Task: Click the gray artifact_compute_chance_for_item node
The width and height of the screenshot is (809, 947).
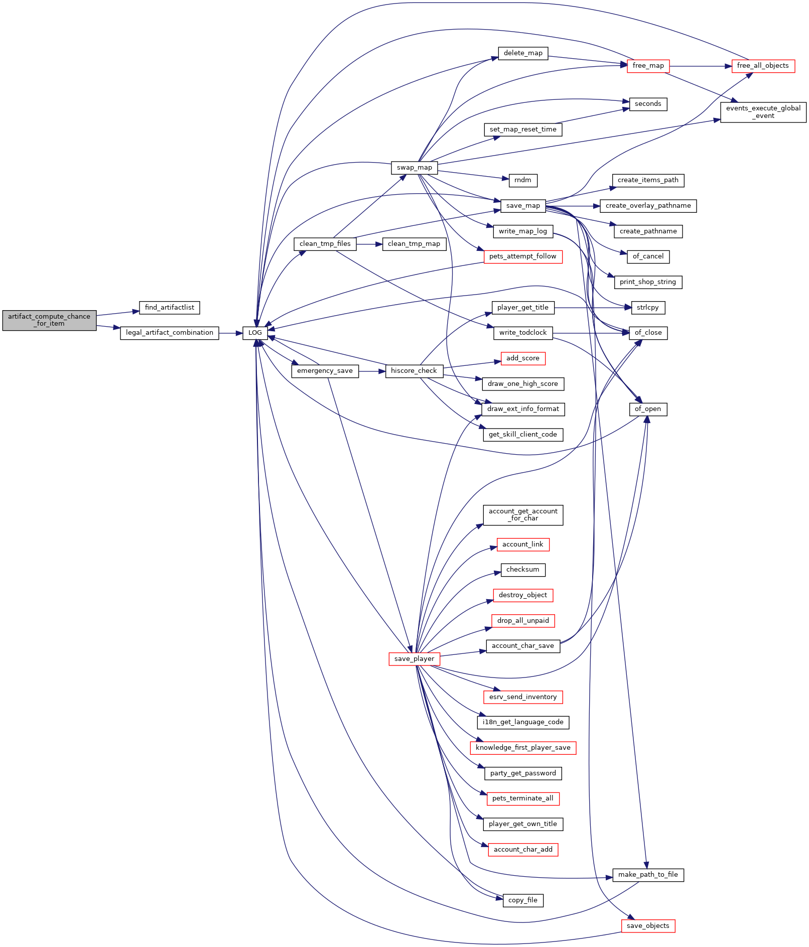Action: click(49, 320)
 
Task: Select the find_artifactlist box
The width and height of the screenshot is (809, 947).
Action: click(170, 308)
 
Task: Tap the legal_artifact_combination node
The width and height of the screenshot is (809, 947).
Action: click(170, 333)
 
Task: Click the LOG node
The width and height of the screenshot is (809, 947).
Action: click(255, 333)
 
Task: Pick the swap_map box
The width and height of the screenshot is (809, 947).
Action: click(415, 168)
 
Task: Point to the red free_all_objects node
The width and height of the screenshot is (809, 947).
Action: click(763, 66)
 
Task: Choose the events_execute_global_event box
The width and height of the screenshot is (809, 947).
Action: click(763, 112)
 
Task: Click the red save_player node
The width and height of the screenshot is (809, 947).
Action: click(415, 659)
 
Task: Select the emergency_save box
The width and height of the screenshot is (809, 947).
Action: click(325, 371)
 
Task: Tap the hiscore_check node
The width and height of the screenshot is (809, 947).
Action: click(414, 371)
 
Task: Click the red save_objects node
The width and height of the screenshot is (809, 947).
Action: click(648, 926)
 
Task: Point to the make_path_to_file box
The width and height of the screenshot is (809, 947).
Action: click(648, 875)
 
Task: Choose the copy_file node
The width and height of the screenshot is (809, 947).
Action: click(523, 900)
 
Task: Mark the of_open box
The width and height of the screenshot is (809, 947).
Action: click(648, 409)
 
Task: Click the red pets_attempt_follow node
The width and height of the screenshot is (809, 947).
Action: click(523, 256)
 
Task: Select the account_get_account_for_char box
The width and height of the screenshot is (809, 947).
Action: click(523, 515)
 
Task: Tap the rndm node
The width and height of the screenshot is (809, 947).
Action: click(523, 180)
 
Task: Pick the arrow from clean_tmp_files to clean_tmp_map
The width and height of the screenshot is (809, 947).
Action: click(369, 244)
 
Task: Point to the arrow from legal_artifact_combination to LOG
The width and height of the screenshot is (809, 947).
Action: click(231, 333)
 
